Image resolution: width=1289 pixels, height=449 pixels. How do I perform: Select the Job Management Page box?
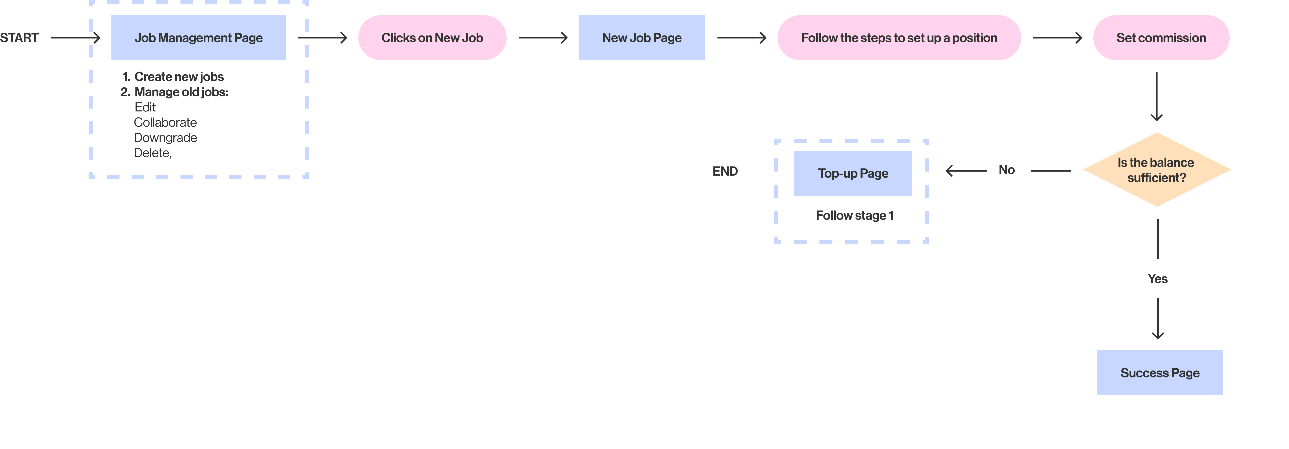(x=199, y=37)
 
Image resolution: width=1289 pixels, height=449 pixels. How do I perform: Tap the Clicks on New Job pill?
(x=432, y=37)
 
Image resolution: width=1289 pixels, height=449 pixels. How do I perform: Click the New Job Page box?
(x=642, y=37)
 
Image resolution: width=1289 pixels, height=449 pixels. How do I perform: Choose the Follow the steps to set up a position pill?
(x=899, y=37)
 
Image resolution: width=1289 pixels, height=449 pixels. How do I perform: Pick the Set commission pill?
(x=1161, y=37)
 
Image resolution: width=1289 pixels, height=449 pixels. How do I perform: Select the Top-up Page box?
(x=853, y=173)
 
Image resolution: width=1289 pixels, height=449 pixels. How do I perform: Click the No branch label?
(x=1007, y=170)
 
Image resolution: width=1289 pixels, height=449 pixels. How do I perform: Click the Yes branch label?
(x=1158, y=279)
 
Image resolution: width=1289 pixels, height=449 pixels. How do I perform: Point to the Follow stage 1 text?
(x=855, y=216)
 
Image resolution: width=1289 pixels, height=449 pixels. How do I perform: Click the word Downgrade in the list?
(x=166, y=138)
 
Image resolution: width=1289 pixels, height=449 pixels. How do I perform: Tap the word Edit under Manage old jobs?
(x=145, y=107)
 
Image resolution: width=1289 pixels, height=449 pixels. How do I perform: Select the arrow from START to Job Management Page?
(x=76, y=37)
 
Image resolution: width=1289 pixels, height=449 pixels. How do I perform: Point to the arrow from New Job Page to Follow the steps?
(x=741, y=37)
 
